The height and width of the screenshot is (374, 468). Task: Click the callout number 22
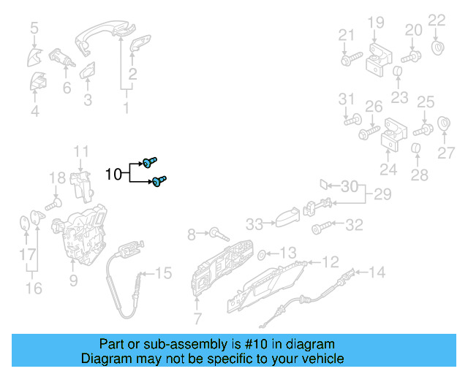(437, 20)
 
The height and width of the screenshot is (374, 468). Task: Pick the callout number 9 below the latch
(73, 280)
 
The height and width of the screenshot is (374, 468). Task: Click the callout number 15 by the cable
(164, 273)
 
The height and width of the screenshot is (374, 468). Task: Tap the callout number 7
(197, 318)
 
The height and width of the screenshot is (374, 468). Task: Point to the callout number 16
(34, 289)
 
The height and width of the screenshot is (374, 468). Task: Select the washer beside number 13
(262, 255)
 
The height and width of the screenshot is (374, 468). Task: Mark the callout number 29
(382, 194)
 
